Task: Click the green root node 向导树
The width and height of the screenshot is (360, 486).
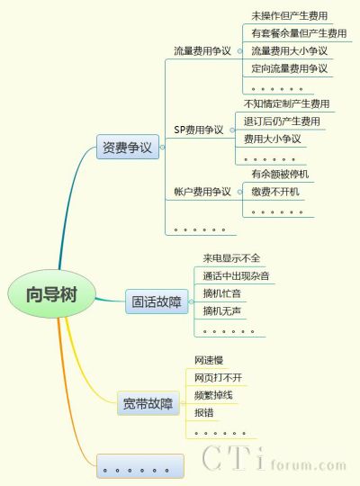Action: pyautogui.click(x=51, y=293)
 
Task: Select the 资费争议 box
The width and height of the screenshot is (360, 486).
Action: pyautogui.click(x=128, y=147)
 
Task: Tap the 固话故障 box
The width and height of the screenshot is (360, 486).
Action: pyautogui.click(x=157, y=301)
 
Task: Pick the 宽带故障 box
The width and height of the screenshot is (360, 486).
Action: pyautogui.click(x=148, y=403)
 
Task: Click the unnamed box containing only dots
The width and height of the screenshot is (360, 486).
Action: pyautogui.click(x=140, y=466)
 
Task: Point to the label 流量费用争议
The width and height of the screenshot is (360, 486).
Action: pyautogui.click(x=202, y=50)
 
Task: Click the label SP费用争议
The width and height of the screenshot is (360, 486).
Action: pyautogui.click(x=198, y=130)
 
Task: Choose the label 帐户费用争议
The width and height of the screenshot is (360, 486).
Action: pyautogui.click(x=202, y=192)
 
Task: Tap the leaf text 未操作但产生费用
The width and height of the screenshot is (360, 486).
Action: pyautogui.click(x=289, y=16)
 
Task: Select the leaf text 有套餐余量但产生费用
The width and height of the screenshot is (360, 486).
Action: pyautogui.click(x=299, y=33)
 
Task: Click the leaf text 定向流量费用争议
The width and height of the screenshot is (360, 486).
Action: pyautogui.click(x=289, y=68)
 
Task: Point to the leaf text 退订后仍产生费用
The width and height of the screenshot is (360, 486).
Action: pyautogui.click(x=282, y=121)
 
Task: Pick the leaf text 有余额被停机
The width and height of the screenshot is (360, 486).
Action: pyautogui.click(x=280, y=174)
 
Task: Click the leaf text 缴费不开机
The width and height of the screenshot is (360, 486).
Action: pyautogui.click(x=275, y=192)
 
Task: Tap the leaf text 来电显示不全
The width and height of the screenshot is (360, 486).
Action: pyautogui.click(x=231, y=258)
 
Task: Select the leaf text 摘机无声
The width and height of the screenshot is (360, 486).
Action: pyautogui.click(x=222, y=310)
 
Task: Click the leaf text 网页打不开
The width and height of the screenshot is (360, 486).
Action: pyautogui.click(x=219, y=377)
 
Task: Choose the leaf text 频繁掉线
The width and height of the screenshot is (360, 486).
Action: pyautogui.click(x=213, y=395)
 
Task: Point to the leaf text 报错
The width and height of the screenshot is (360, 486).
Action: pyautogui.click(x=203, y=412)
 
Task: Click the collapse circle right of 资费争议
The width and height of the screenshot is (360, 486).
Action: pyautogui.click(x=162, y=147)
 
